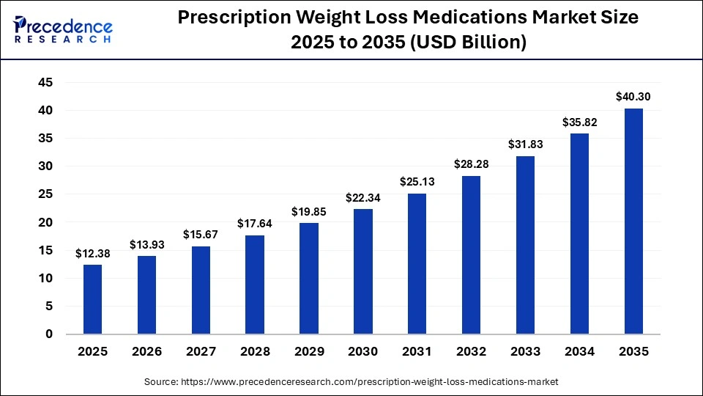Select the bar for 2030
pyautogui.click(x=363, y=271)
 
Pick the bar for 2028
pyautogui.click(x=255, y=285)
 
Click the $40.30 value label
pyautogui.click(x=633, y=96)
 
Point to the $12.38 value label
pyautogui.click(x=93, y=253)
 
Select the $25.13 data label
pyautogui.click(x=417, y=181)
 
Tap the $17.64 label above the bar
pyautogui.click(x=255, y=223)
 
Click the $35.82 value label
pyautogui.click(x=579, y=122)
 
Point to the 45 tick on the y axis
pyautogui.click(x=45, y=83)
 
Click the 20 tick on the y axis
pyautogui.click(x=45, y=222)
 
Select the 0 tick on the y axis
pyautogui.click(x=48, y=334)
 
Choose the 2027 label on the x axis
pyautogui.click(x=201, y=352)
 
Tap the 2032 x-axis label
pyautogui.click(x=471, y=352)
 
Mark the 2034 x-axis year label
pyautogui.click(x=579, y=352)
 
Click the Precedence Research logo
pyautogui.click(x=63, y=29)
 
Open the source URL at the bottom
pyautogui.click(x=351, y=382)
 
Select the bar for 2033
pyautogui.click(x=525, y=245)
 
